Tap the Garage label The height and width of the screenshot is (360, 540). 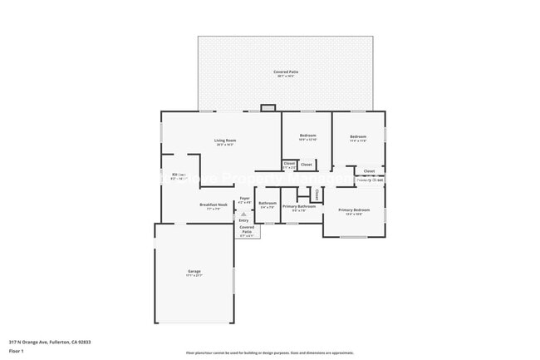tap(194, 272)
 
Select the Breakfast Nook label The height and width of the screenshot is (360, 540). tap(214, 205)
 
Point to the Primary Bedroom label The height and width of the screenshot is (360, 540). tap(355, 210)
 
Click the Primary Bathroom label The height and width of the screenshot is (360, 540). tap(298, 206)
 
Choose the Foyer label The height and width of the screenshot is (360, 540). tap(244, 199)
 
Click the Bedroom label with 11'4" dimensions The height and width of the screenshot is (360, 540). tap(358, 136)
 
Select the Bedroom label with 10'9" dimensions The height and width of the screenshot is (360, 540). tap(307, 135)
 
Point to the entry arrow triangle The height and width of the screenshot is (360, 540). tap(243, 213)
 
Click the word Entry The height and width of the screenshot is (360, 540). tap(243, 220)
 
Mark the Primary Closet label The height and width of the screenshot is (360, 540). tap(370, 180)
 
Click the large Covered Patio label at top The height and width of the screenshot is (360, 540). tap(287, 72)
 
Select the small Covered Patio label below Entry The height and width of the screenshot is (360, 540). tap(248, 229)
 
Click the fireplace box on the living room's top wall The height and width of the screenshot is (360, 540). tap(268, 107)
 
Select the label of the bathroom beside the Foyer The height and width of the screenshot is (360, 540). tap(268, 204)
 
